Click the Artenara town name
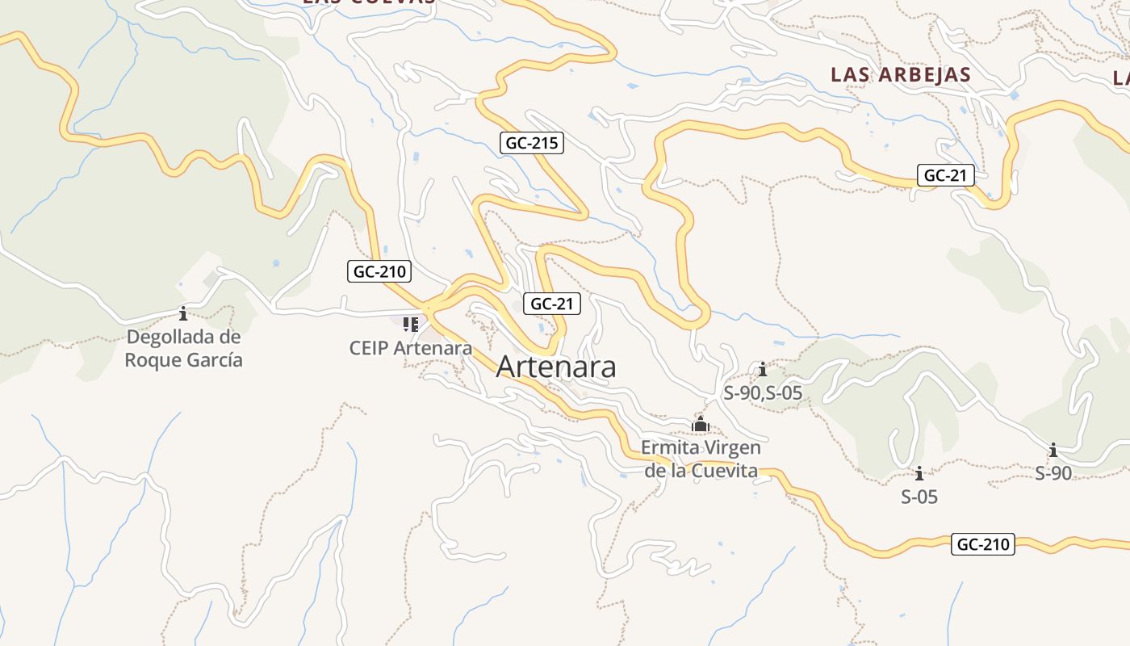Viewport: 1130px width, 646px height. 556,367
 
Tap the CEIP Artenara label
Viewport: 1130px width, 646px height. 410,348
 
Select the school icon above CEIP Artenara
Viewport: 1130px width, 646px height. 410,325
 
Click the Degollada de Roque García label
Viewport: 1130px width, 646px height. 183,348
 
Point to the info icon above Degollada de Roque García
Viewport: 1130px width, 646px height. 183,313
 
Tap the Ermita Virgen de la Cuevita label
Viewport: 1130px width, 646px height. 701,459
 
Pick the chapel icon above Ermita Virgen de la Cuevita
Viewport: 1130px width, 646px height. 701,424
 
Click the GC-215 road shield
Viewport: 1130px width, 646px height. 531,144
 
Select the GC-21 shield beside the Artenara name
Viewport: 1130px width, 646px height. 552,304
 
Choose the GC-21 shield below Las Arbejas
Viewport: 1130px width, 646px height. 945,175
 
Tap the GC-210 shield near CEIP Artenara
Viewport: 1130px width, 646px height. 379,271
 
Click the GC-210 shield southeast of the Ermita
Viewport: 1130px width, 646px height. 982,544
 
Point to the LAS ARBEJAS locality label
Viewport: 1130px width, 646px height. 901,74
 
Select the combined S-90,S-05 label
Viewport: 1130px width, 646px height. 763,393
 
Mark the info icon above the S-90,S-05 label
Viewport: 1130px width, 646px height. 763,370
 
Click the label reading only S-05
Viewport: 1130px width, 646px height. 919,497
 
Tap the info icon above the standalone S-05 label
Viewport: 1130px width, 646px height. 919,473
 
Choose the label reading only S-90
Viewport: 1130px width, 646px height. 1053,473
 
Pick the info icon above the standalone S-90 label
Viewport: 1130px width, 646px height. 1053,450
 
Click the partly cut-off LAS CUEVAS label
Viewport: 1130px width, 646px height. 369,2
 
